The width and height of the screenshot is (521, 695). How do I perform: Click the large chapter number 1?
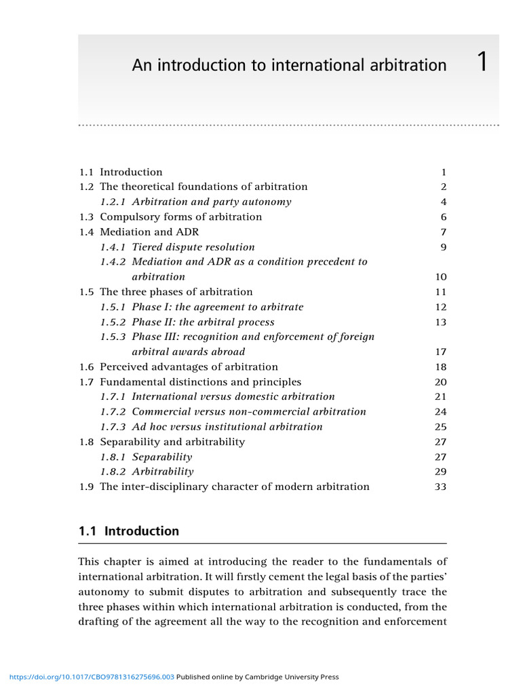482,62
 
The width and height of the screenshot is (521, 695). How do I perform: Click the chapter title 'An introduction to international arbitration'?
289,65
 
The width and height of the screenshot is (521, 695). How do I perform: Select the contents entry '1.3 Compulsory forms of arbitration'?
170,217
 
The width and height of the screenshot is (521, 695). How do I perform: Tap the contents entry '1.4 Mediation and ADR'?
139,232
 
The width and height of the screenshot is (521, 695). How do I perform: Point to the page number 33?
440,487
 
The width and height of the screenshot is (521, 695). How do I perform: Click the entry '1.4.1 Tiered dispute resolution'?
177,247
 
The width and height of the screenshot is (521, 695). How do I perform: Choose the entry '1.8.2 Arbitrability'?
147,472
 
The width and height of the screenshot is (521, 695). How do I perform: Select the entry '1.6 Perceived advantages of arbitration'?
178,367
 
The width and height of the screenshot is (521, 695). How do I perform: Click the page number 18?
440,367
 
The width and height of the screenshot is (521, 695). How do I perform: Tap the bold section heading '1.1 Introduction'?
129,531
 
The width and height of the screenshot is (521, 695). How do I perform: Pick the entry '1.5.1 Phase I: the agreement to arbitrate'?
201,307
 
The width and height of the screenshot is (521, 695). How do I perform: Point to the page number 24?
440,412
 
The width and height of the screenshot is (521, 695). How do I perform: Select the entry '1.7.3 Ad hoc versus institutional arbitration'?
211,427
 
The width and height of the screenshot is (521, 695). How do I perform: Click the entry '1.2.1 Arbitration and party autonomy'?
195,202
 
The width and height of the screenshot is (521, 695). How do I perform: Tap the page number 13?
440,322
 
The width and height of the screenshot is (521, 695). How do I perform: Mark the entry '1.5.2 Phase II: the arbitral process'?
187,322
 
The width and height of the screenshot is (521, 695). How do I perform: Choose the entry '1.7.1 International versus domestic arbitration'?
217,396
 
